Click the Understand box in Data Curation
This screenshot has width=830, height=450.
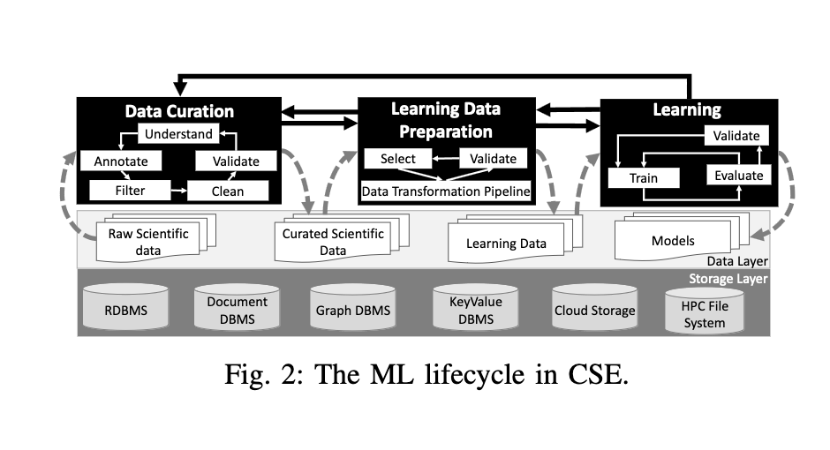click(177, 135)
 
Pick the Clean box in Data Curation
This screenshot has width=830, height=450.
click(227, 190)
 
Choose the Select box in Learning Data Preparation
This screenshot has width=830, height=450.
click(397, 159)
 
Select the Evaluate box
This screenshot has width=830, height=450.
click(738, 176)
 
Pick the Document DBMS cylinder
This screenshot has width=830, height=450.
click(238, 310)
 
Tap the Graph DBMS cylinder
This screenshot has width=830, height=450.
click(353, 311)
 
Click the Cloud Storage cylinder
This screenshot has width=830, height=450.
click(594, 311)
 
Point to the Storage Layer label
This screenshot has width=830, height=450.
click(728, 279)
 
